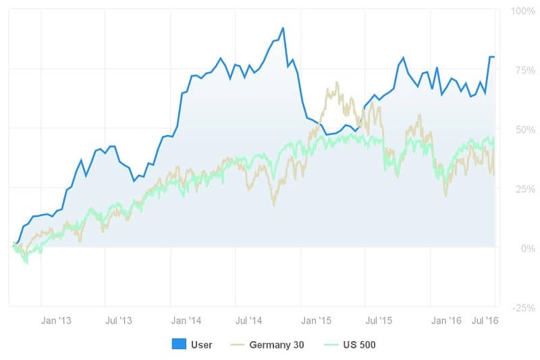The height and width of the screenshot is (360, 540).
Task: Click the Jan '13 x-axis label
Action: tap(56, 320)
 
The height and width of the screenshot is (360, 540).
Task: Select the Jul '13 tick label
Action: tap(119, 320)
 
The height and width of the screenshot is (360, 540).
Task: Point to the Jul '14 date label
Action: tap(250, 320)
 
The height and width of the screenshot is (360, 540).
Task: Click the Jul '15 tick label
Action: tap(379, 320)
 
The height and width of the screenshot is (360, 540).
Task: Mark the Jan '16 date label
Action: tap(446, 320)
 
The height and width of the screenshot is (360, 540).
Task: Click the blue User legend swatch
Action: tap(179, 344)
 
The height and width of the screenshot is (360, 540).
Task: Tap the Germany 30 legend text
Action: tap(277, 345)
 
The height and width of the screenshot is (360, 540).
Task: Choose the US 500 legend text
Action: tap(358, 345)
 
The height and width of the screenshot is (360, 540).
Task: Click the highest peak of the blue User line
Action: tap(283, 28)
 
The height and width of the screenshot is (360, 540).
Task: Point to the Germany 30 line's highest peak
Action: tap(336, 82)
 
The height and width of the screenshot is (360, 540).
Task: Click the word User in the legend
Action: tap(201, 345)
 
